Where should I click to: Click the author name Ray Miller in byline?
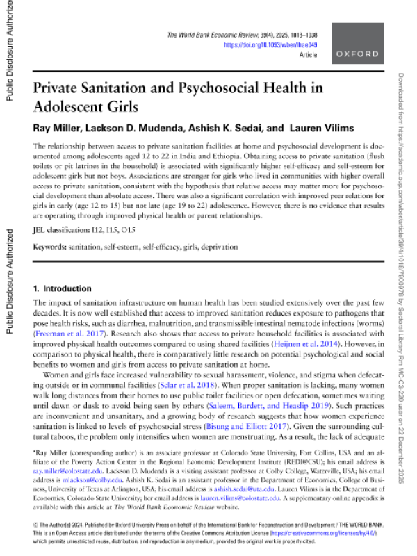coord(54,128)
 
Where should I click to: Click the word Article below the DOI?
coord(308,54)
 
